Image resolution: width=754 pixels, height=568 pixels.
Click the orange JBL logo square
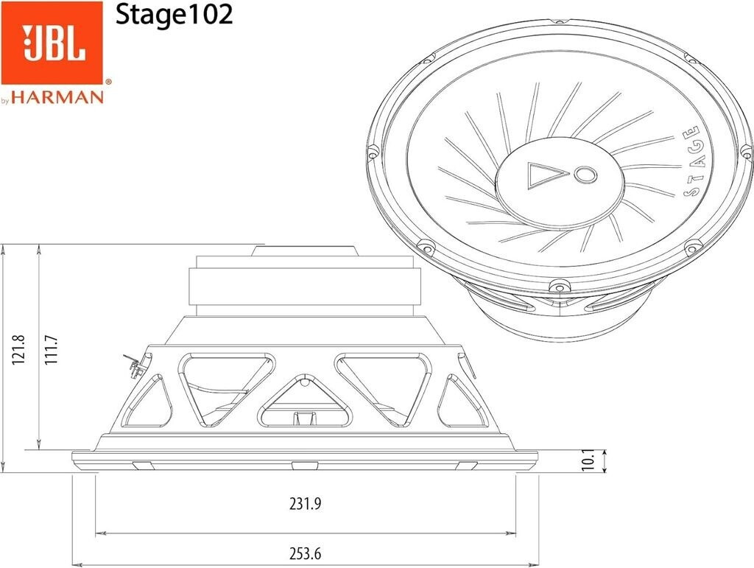pos(52,42)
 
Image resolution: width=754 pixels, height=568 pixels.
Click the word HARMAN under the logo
pos(57,97)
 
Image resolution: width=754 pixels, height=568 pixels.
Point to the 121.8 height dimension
pos(18,350)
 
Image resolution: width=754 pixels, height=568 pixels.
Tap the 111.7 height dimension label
pos(51,350)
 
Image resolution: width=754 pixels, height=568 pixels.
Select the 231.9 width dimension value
pos(305,504)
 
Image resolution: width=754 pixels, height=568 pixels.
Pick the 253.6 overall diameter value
pos(305,553)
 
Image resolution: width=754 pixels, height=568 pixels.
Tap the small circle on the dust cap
pos(585,174)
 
